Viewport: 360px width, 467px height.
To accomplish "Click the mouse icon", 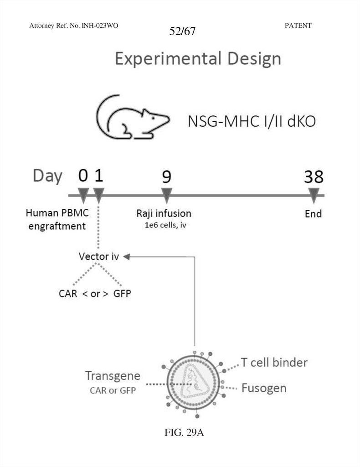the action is (132, 117).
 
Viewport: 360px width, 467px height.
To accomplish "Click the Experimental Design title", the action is (198, 59).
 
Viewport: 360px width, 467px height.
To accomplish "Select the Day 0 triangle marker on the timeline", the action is (83, 197).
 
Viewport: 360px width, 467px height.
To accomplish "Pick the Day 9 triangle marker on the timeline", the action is (167, 197).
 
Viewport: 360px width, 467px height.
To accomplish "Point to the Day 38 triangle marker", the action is (313, 197).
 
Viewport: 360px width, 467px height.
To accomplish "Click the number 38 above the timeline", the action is (314, 177).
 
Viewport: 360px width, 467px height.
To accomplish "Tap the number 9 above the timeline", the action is (167, 177).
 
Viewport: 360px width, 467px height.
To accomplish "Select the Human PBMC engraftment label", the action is (57, 219).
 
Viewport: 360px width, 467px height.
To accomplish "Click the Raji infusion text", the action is (164, 213).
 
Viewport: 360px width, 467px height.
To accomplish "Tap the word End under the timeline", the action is (313, 213).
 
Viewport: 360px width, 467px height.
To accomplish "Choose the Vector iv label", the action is (99, 256).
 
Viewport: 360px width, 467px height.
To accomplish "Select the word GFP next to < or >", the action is (122, 293).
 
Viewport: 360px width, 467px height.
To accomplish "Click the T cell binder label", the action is (274, 363).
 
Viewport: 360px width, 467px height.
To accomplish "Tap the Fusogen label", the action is (264, 388).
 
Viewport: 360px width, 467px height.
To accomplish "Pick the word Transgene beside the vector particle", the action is (113, 376).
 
